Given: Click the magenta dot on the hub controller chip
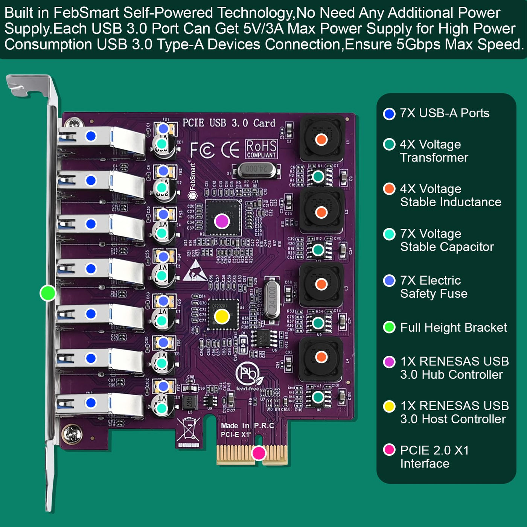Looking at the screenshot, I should (x=222, y=221).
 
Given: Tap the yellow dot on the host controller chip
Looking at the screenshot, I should (x=222, y=317).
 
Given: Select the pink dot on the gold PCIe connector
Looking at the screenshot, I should (x=259, y=453).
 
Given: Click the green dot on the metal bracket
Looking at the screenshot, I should (x=48, y=293).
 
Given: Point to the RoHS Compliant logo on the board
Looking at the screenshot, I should (x=261, y=149).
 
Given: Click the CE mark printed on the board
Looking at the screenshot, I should (x=230, y=150).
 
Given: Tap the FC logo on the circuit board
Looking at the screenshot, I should (x=202, y=150).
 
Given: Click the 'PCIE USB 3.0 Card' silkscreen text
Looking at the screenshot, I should (x=228, y=123).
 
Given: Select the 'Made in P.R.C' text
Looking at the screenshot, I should (x=247, y=425).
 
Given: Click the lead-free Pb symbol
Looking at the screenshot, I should (x=247, y=373).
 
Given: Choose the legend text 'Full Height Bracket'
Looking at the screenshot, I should (x=453, y=327).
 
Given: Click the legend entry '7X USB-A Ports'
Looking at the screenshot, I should (x=444, y=113).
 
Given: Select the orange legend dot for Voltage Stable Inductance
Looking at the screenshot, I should (x=389, y=189).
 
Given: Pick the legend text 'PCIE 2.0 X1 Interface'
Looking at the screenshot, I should (x=434, y=457).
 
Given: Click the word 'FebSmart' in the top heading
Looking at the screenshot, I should (x=86, y=13).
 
